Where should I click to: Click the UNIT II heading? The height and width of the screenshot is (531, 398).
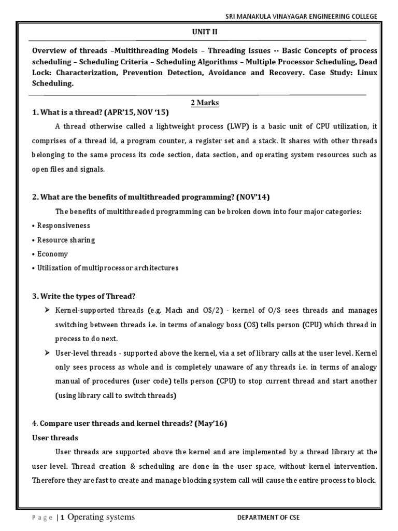(205, 32)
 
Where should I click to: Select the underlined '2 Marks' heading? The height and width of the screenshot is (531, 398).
(205, 103)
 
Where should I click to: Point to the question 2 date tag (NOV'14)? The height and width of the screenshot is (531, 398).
(253, 197)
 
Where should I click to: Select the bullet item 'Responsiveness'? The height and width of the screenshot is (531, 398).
(63, 226)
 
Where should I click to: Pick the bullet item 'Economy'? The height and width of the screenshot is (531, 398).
(52, 254)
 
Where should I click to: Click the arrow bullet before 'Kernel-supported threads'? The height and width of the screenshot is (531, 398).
(47, 310)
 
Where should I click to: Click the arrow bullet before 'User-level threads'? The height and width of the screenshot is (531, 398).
(47, 353)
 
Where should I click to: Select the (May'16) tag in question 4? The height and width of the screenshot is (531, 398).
(211, 424)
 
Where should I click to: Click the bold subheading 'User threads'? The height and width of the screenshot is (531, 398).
(55, 438)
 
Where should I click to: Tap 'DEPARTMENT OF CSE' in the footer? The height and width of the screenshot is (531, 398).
(268, 518)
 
